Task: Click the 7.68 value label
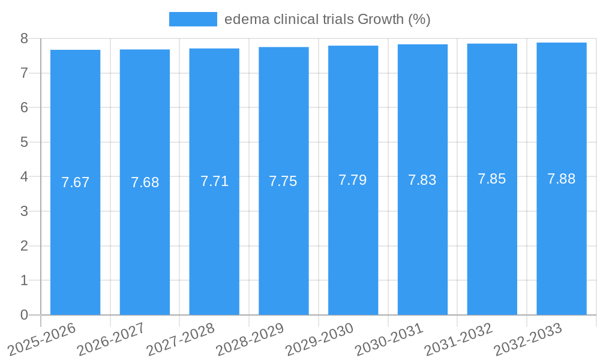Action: coord(145,182)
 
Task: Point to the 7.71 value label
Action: coord(214,181)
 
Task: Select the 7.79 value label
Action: coord(353,180)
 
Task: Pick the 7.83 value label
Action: coord(422,180)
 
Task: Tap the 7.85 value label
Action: coord(492,179)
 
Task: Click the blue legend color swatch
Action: coord(193,19)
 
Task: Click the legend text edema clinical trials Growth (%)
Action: coord(328,19)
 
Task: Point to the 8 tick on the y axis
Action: coord(24,38)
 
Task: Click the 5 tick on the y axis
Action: coord(24,142)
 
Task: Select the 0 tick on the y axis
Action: coord(24,315)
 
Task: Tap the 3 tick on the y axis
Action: coord(24,211)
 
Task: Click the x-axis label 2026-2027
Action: coord(112,339)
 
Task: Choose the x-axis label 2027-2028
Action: coord(181,339)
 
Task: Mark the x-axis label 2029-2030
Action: coord(320,339)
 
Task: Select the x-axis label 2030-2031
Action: coord(389,339)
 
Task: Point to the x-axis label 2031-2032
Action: coord(459,339)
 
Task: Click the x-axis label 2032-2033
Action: coord(528,339)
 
